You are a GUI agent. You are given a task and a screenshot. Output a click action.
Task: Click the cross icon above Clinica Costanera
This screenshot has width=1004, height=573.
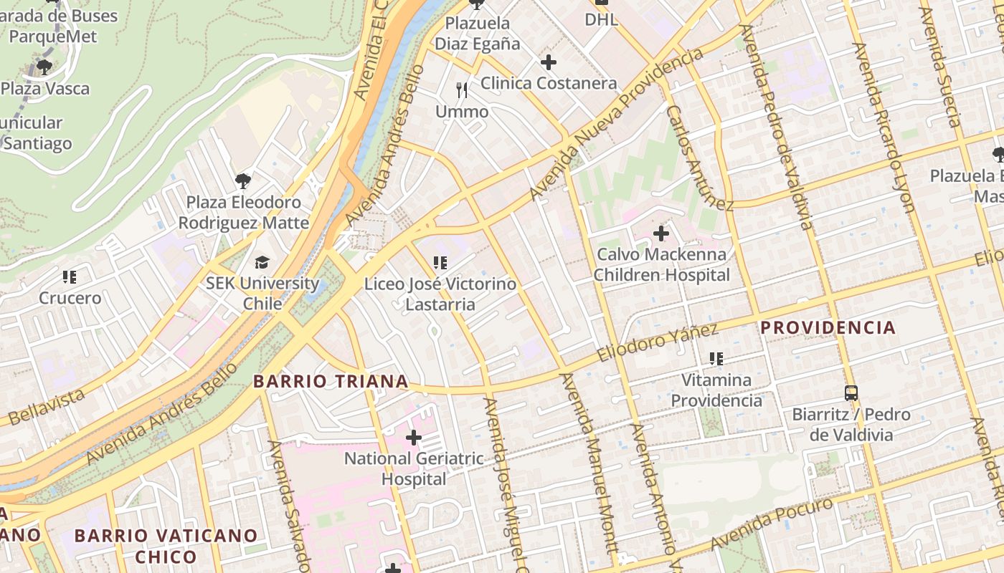click(549, 62)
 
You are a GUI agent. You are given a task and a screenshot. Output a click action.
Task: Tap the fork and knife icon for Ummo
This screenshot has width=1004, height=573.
click(462, 90)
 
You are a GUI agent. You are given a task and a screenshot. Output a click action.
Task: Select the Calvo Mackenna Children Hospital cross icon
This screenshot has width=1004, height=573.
click(661, 233)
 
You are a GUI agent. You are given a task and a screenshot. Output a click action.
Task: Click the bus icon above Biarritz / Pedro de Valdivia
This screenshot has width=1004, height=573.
click(851, 393)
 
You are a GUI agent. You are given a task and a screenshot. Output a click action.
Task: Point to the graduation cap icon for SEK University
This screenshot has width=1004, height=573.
click(262, 262)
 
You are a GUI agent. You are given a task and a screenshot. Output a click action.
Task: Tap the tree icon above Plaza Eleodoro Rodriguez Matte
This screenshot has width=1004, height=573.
click(243, 180)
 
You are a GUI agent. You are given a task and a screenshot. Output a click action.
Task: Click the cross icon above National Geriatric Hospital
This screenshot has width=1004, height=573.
click(414, 437)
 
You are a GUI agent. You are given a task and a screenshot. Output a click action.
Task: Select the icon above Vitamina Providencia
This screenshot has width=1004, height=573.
click(716, 358)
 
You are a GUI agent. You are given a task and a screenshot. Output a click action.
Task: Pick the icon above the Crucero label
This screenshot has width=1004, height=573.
click(70, 276)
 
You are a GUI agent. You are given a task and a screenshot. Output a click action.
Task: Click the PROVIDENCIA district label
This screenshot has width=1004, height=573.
click(828, 328)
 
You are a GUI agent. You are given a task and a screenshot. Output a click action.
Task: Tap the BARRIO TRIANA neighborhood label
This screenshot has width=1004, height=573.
click(331, 381)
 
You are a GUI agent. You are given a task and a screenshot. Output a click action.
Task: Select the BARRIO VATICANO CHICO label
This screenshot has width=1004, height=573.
click(166, 546)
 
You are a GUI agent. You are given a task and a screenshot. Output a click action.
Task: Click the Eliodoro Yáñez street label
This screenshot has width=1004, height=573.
click(657, 343)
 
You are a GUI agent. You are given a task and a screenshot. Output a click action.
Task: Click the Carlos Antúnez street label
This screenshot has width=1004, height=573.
click(698, 158)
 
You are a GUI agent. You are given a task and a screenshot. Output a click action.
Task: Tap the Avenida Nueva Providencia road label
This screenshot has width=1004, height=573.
click(617, 124)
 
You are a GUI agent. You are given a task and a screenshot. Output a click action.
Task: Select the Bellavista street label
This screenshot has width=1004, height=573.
click(46, 406)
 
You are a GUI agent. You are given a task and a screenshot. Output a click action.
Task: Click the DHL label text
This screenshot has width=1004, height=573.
click(601, 19)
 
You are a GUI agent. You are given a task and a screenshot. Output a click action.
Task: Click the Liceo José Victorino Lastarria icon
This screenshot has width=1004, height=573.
click(440, 263)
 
